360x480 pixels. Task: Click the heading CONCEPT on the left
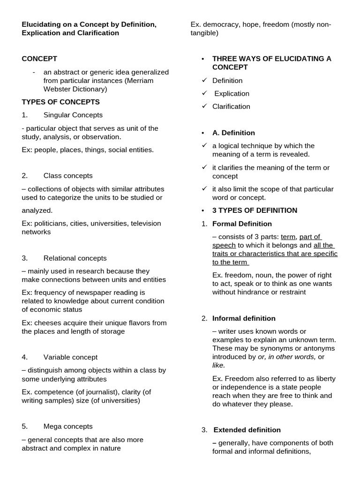39,59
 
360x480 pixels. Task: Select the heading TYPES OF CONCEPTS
60,102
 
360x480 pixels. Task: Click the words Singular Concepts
73,115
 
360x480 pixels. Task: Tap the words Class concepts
68,176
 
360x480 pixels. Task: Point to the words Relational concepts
75,258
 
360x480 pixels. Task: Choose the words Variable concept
70,357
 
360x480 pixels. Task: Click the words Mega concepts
68,427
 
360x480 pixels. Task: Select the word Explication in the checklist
232,94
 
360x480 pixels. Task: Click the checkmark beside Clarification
204,106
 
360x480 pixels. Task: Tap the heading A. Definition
233,133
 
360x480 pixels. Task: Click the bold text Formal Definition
242,224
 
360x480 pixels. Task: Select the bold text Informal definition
244,319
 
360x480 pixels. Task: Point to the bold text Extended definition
247,430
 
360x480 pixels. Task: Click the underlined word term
288,237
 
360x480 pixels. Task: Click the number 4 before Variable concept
24,357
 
